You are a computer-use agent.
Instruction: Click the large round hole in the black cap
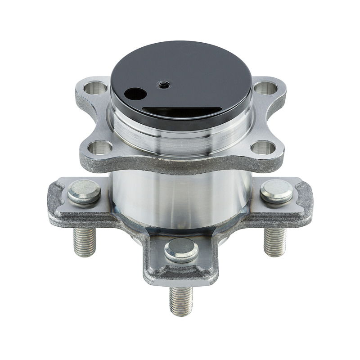[135, 94]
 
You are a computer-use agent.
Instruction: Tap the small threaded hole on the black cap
[163, 84]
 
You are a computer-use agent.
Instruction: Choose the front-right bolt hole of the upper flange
[263, 147]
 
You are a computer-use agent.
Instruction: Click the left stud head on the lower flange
[84, 191]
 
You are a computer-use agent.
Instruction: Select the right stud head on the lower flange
[276, 191]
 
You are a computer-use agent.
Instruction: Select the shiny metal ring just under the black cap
[180, 135]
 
